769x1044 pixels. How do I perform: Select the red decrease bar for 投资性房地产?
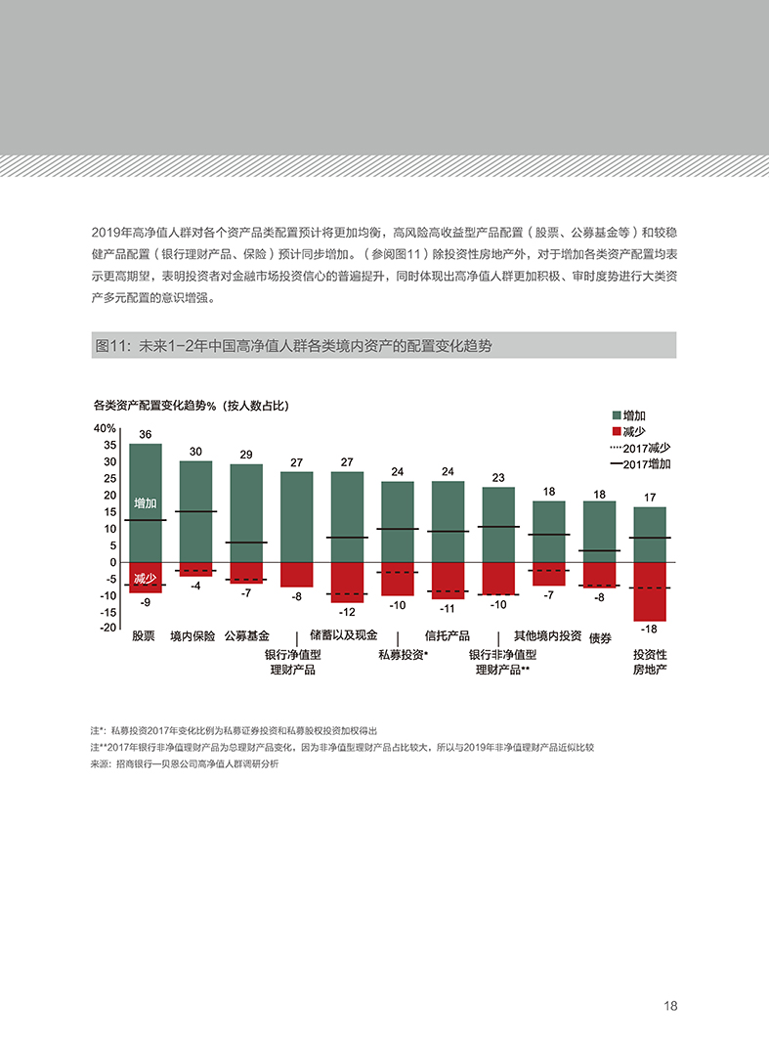point(650,591)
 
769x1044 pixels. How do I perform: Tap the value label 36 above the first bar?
point(146,434)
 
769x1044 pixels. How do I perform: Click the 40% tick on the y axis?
point(105,428)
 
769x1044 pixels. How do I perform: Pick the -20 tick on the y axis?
point(107,628)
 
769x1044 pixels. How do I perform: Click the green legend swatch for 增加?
point(616,415)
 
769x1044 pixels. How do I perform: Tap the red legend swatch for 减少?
point(616,431)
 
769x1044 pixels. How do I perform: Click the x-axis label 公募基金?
point(246,635)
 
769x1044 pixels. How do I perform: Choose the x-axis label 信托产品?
point(448,635)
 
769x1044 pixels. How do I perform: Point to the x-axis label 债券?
point(600,638)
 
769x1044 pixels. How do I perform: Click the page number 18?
point(670,1006)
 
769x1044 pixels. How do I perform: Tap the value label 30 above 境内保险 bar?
point(196,452)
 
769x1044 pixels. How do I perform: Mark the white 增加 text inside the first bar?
point(146,502)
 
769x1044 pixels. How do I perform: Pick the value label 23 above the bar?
point(498,478)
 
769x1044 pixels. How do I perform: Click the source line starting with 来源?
point(184,764)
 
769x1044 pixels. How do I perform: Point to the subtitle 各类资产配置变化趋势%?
point(191,405)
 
